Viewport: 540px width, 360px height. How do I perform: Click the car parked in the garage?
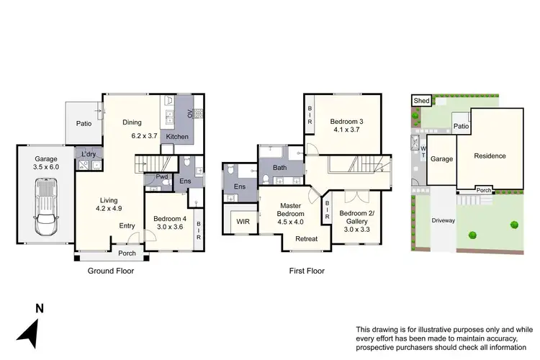45,209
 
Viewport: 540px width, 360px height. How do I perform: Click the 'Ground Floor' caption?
110,271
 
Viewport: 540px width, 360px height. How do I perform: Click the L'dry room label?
90,155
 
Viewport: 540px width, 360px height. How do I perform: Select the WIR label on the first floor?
243,222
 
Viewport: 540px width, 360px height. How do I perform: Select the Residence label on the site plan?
490,156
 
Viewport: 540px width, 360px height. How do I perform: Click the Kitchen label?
178,136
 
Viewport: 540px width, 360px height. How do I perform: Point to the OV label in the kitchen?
190,114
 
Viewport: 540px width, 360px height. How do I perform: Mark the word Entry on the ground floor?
127,226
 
